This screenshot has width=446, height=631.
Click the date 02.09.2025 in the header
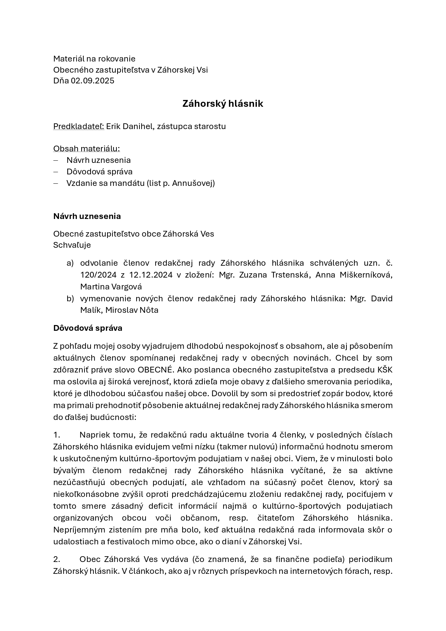point(92,81)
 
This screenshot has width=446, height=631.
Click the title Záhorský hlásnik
point(223,104)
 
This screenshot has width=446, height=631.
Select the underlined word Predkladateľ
point(78,126)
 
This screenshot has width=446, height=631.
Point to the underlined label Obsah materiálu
point(86,148)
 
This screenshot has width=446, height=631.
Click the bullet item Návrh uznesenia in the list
point(98,160)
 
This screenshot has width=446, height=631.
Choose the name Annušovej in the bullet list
point(193,183)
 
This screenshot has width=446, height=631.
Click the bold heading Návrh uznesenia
point(87,216)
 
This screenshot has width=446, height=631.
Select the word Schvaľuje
point(72,245)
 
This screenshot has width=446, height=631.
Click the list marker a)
point(70,263)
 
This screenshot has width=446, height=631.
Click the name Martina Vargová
point(111,287)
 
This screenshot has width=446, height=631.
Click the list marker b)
point(70,298)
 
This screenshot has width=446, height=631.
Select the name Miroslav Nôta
point(132,310)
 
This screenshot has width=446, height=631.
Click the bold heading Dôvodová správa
point(88,328)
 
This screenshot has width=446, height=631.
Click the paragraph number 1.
point(57,435)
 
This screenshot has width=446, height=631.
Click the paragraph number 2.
point(57,559)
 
